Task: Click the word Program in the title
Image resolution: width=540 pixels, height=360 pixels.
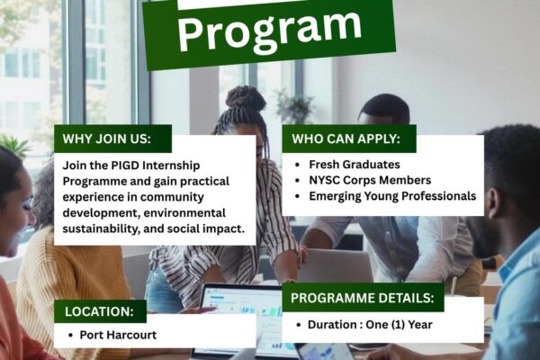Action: (270, 30)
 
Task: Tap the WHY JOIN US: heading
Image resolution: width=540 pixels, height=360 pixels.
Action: (107, 139)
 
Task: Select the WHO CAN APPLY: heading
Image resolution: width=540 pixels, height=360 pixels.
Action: (346, 139)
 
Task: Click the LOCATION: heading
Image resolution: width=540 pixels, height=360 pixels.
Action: (99, 311)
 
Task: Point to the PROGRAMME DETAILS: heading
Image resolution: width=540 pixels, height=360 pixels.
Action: (363, 298)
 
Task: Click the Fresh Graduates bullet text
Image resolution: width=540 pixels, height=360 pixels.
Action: (355, 165)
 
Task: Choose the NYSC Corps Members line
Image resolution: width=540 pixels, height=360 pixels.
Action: (370, 180)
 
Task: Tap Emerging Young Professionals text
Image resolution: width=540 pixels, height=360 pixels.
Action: (392, 195)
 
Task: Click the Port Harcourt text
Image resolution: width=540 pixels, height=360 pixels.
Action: (118, 335)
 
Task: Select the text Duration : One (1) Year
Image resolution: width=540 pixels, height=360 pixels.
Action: (370, 324)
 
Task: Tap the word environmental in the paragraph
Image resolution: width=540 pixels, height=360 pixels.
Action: (184, 212)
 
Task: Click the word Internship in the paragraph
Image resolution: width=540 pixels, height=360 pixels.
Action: (171, 166)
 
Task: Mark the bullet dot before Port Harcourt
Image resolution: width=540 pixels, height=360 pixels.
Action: (70, 335)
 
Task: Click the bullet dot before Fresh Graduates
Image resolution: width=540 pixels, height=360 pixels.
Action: (298, 165)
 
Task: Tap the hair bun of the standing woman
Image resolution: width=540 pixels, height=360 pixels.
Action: (245, 97)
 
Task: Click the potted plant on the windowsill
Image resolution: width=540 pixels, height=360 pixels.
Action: (293, 105)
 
